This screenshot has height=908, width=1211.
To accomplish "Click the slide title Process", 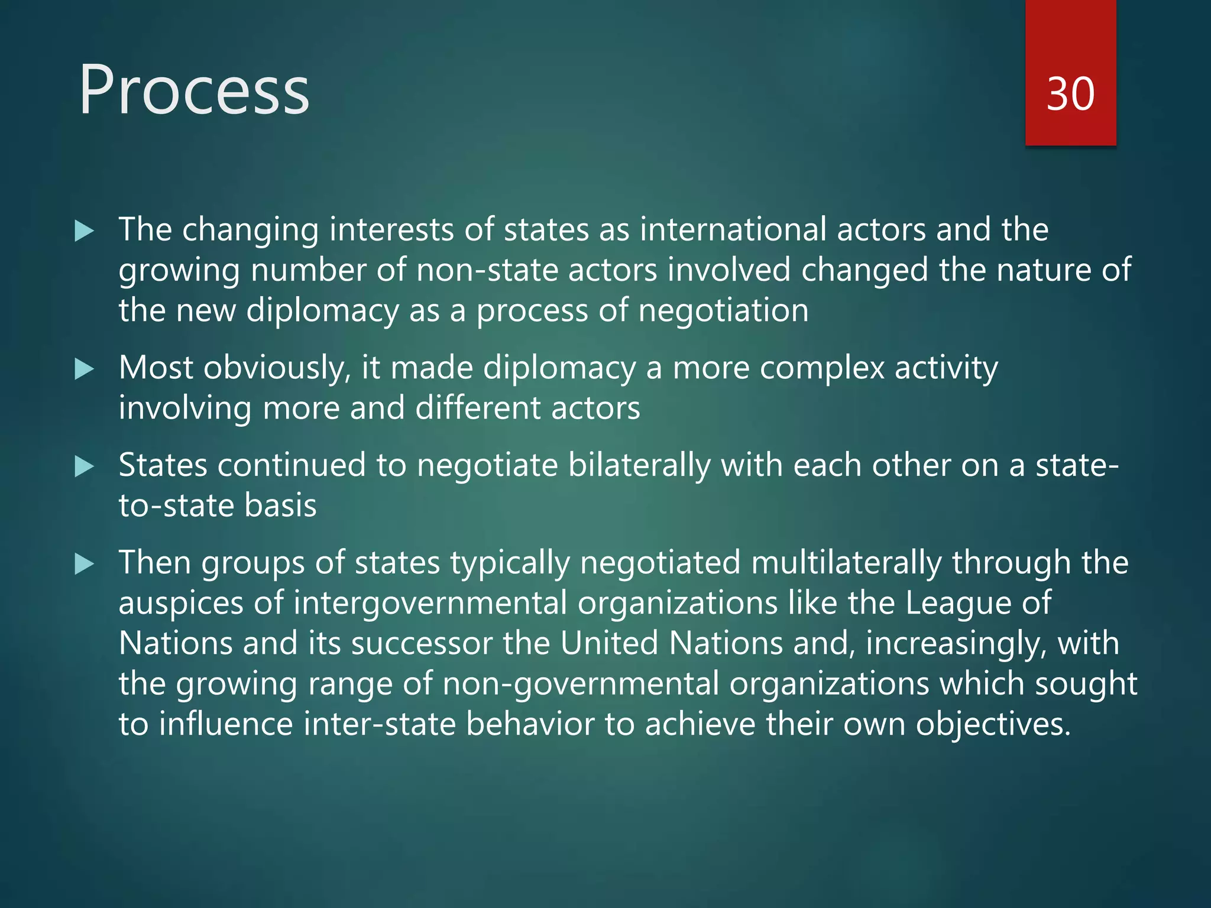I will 194,90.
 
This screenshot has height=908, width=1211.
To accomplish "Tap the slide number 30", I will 1070,94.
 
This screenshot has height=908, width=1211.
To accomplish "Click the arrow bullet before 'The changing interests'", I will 85,231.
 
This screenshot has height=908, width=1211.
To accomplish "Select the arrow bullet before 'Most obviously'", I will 85,369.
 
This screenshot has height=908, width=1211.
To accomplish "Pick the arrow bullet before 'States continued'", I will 85,467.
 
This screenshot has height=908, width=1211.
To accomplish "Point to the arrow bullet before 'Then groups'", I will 85,564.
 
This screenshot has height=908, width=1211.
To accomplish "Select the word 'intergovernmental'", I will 430,603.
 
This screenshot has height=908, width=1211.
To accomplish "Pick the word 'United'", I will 609,643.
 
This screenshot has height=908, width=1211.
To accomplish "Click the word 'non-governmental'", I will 581,684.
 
